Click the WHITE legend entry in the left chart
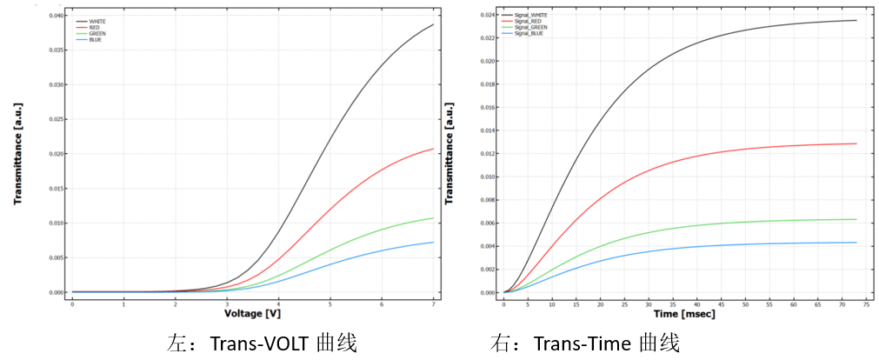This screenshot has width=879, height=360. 97,21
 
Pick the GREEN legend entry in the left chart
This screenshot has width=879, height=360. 97,33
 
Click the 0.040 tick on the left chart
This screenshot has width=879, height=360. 56,16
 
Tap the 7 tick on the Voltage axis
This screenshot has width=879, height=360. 433,303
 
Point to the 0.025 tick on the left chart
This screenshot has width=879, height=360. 56,119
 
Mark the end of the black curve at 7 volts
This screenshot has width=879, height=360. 433,24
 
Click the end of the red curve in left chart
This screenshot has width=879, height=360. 433,149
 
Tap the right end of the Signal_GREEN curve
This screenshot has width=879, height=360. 856,219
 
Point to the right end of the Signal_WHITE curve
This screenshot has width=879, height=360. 856,20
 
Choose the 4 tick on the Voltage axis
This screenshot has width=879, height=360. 279,303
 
